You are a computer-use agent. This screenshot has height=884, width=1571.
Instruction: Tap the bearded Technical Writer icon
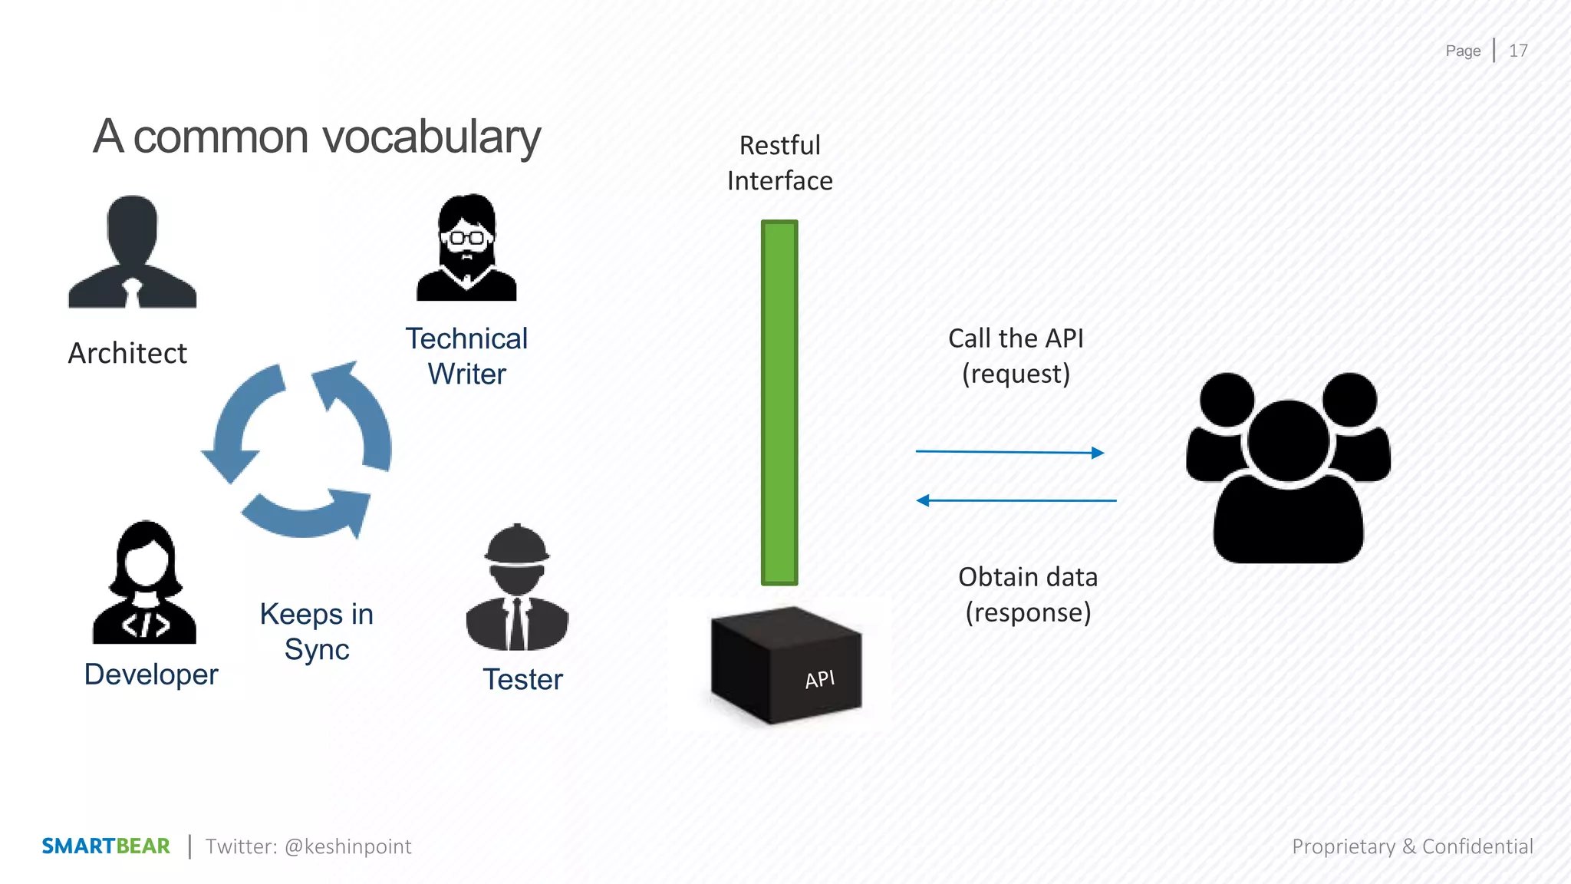point(466,248)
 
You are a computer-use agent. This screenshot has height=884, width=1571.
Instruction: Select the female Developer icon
point(145,583)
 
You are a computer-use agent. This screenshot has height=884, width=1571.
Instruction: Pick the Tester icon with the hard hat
point(517,588)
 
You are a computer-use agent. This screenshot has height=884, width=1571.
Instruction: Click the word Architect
point(127,354)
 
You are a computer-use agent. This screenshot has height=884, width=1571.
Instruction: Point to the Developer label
point(151,675)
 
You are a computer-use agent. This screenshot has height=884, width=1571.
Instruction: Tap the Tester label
point(522,680)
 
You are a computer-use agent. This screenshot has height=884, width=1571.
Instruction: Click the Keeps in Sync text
point(317,632)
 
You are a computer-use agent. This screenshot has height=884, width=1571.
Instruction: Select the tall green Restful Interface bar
point(779,403)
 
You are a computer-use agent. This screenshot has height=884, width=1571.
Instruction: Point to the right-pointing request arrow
point(1009,452)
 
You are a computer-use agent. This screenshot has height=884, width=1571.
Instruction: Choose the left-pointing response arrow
point(1016,500)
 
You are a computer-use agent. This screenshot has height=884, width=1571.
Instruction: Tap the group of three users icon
point(1289,468)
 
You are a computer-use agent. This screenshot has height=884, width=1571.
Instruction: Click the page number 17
point(1518,51)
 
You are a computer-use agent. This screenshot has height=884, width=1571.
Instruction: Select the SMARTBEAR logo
point(106,846)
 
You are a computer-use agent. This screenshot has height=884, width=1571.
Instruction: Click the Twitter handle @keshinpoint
point(348,846)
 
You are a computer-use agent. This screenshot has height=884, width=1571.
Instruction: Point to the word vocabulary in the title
point(432,138)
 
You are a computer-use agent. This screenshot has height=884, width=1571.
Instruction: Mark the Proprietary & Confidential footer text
point(1412,846)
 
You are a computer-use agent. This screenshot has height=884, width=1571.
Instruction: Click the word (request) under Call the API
point(1016,374)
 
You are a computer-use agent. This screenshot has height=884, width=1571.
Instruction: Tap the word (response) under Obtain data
point(1028,613)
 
